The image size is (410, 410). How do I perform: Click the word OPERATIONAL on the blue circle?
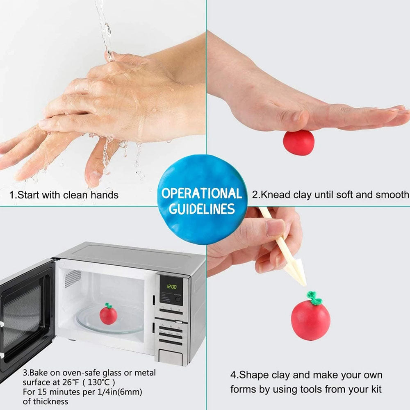click(x=202, y=193)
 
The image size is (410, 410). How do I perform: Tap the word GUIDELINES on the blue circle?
click(x=202, y=209)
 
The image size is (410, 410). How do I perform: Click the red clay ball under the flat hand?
click(x=298, y=143)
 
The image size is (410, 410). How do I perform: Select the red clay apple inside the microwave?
click(x=108, y=314)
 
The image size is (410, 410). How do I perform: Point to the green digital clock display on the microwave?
click(x=171, y=287)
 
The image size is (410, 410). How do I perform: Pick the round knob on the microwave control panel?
click(x=178, y=300)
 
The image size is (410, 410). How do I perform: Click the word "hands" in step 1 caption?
click(x=105, y=195)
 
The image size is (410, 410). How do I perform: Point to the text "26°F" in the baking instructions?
click(x=71, y=382)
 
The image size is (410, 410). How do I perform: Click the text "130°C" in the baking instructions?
click(x=98, y=382)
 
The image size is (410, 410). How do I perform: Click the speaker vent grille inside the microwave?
click(x=73, y=278)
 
